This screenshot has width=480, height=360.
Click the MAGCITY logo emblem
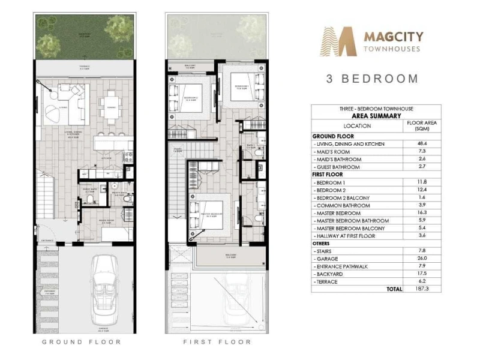point(340,41)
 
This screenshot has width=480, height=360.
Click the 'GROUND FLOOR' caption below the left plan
point(82,341)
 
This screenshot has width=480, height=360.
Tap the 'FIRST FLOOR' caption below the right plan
point(217,341)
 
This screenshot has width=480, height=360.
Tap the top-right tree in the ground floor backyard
point(119,28)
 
